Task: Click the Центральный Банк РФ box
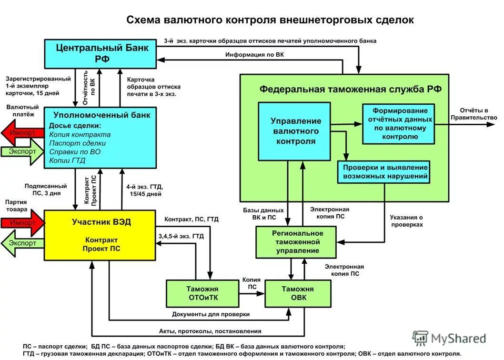pyautogui.click(x=101, y=53)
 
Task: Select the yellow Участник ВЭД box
pyautogui.click(x=101, y=235)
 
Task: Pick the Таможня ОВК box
pyautogui.click(x=297, y=293)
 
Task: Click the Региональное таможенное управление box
pyautogui.click(x=296, y=242)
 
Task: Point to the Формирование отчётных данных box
pyautogui.click(x=399, y=123)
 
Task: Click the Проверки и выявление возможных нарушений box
pyautogui.click(x=384, y=172)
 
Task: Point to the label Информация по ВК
pyautogui.click(x=254, y=55)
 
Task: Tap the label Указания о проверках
pyautogui.click(x=406, y=220)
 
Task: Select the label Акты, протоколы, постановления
pyautogui.click(x=210, y=331)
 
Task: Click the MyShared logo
pyautogui.click(x=450, y=339)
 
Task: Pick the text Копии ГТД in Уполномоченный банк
pyautogui.click(x=67, y=160)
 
